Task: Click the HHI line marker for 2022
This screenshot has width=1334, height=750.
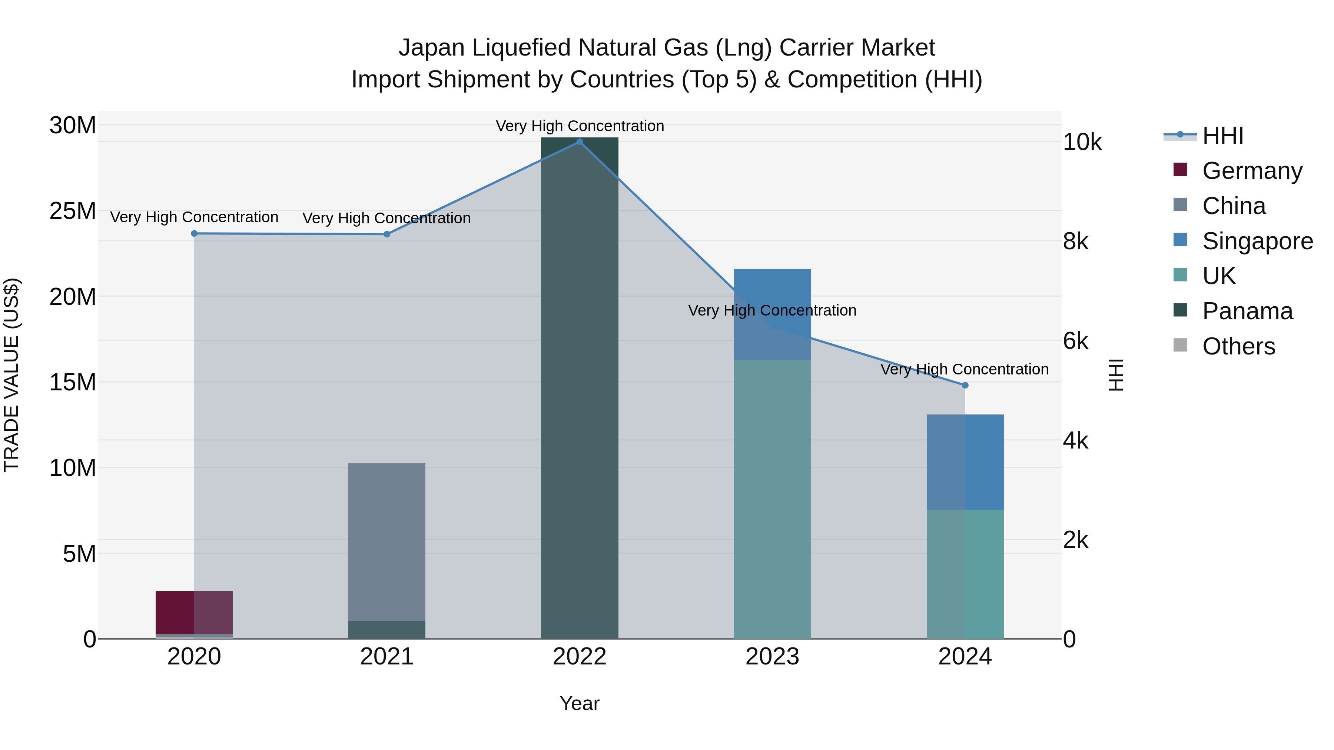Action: (x=580, y=142)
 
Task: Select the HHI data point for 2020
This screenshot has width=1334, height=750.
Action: (x=194, y=233)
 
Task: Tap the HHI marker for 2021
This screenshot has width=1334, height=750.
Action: (x=387, y=234)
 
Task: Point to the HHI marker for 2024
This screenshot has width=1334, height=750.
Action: (x=965, y=386)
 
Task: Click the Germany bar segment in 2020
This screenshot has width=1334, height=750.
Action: (x=194, y=612)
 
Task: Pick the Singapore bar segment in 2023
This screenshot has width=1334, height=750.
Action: (x=772, y=314)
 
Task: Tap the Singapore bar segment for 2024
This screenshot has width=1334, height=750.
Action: (x=965, y=462)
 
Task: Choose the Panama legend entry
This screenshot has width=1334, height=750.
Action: (x=1247, y=311)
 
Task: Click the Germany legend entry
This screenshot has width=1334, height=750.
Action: (x=1252, y=171)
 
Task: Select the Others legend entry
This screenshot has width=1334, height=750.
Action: (x=1238, y=346)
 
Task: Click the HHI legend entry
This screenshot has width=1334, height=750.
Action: (x=1222, y=136)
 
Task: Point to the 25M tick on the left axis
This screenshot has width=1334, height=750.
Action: (x=73, y=211)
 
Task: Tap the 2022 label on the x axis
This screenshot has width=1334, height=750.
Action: (x=580, y=657)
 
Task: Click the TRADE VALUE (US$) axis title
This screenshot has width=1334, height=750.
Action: (x=12, y=375)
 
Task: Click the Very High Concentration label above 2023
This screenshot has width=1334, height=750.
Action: (x=772, y=311)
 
